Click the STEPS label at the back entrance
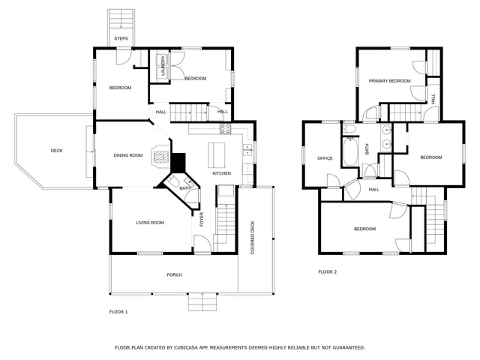[x=121, y=38]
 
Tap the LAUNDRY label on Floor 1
[x=161, y=66]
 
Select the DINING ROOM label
[x=128, y=155]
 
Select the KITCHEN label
[x=222, y=174]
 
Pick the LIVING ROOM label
[x=150, y=223]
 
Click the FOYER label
[x=201, y=220]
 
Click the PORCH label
[x=174, y=274]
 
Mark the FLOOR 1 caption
[x=118, y=311]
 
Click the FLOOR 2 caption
[x=327, y=271]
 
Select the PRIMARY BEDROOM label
[x=389, y=80]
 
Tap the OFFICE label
[x=325, y=158]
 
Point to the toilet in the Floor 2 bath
[x=349, y=129]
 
